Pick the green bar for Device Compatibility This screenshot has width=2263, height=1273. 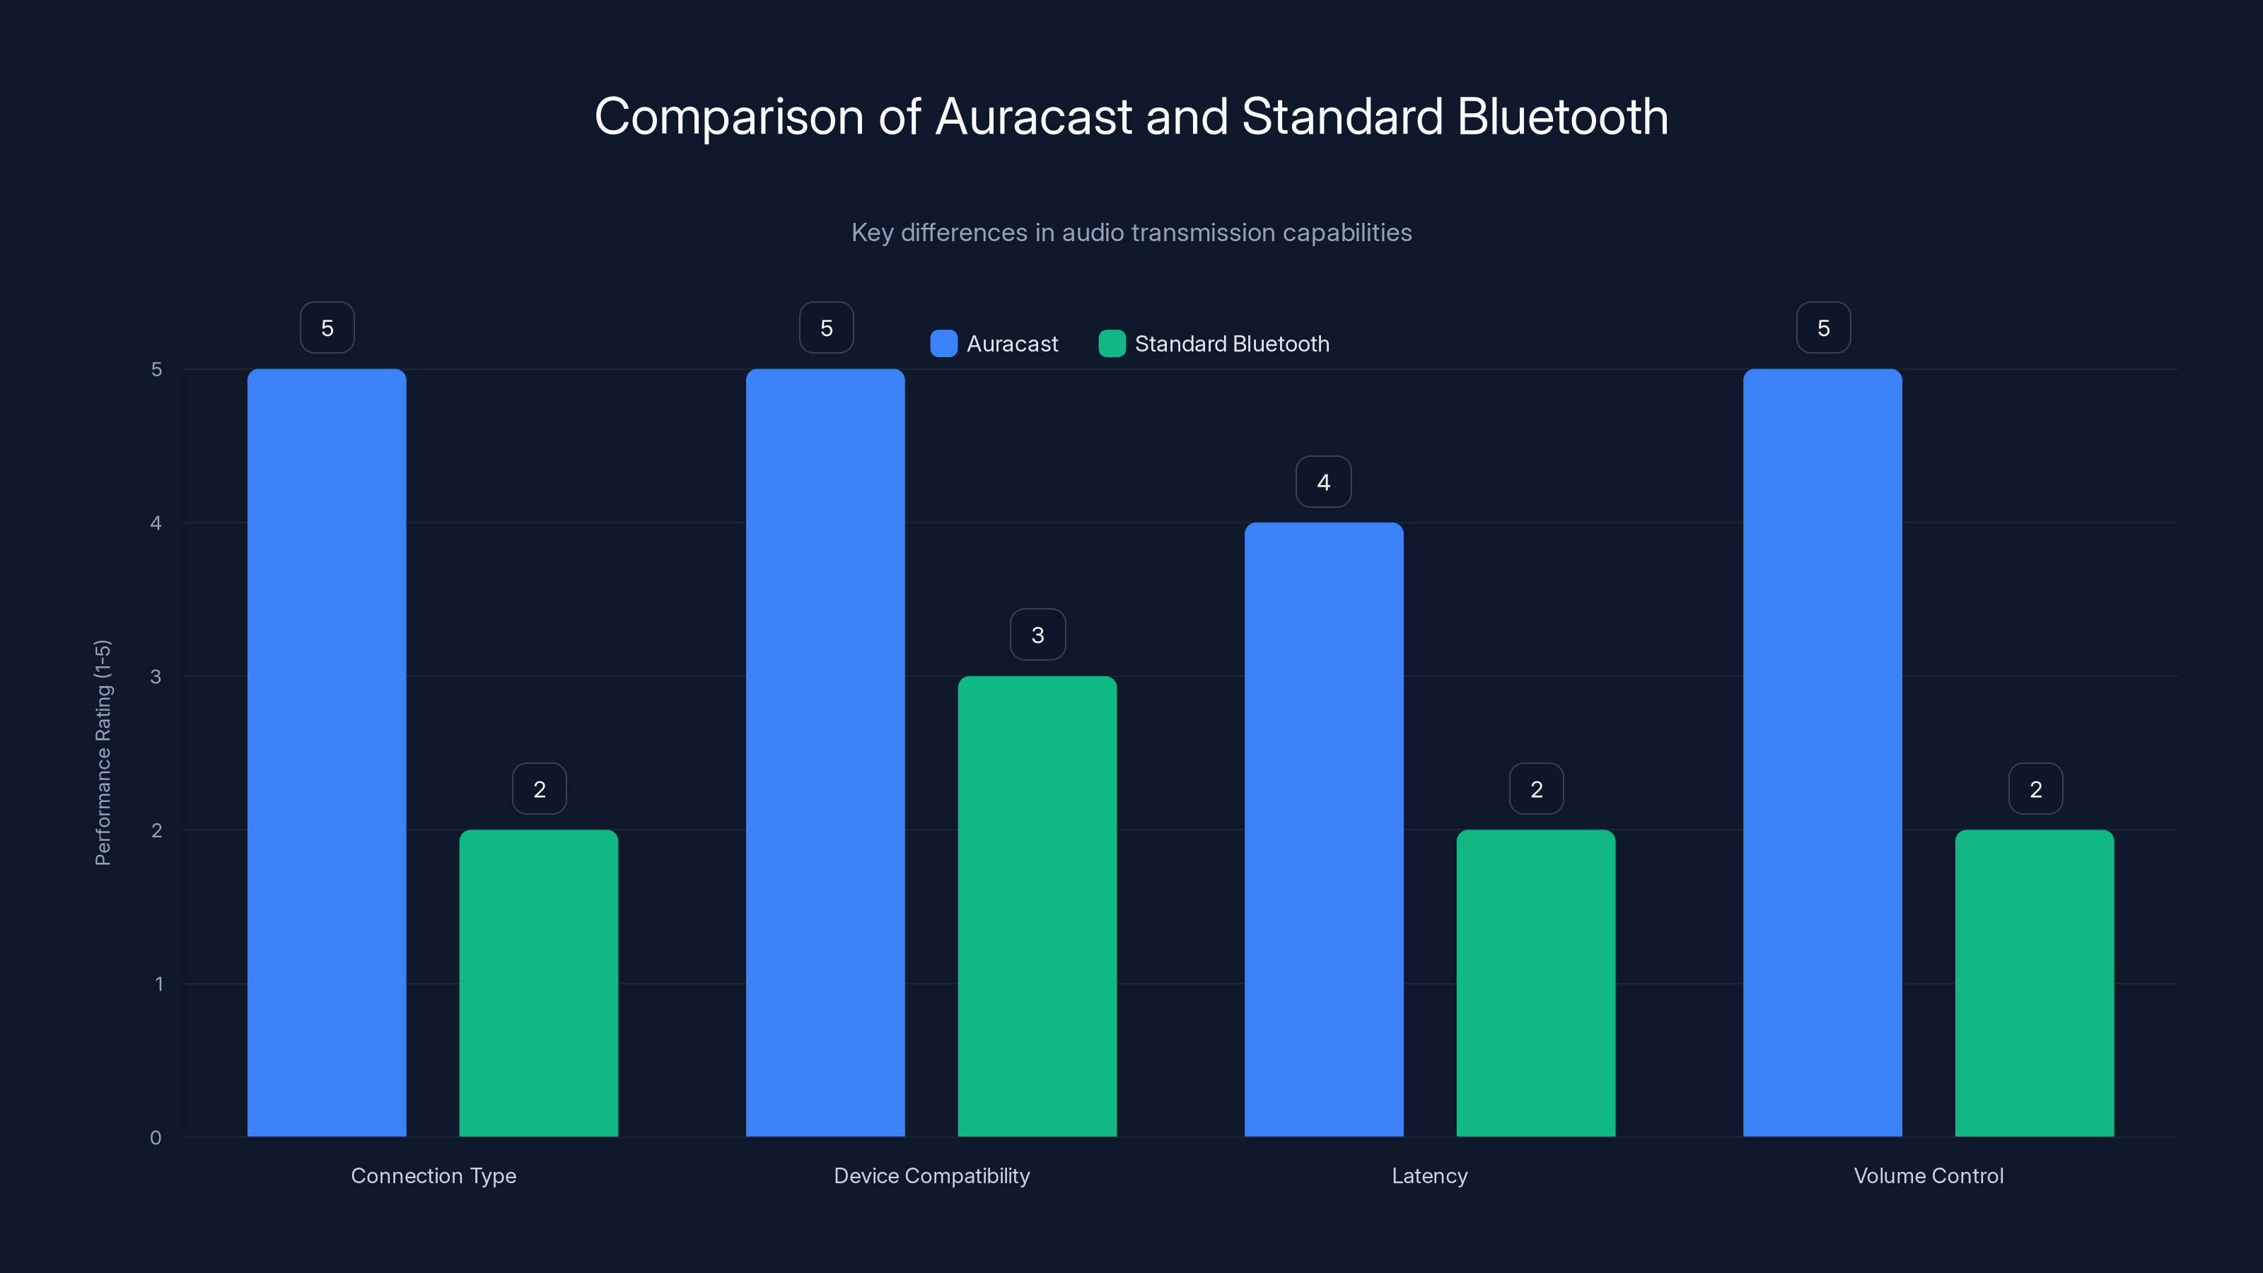[1037, 906]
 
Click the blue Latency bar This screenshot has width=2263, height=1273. [1323, 830]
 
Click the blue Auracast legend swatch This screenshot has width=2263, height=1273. [943, 344]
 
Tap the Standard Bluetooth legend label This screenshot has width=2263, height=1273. [1232, 344]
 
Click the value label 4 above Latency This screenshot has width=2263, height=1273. [1323, 482]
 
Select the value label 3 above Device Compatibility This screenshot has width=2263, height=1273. [1037, 634]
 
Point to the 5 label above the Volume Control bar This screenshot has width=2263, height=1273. [1823, 327]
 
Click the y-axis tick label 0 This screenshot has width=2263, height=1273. [156, 1138]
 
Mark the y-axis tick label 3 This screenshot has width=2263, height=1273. [156, 677]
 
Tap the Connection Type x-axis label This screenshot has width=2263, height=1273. [433, 1175]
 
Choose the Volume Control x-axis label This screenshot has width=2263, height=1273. [1929, 1175]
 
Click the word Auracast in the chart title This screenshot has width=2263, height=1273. [1033, 117]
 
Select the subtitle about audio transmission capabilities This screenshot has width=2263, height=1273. [1131, 232]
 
